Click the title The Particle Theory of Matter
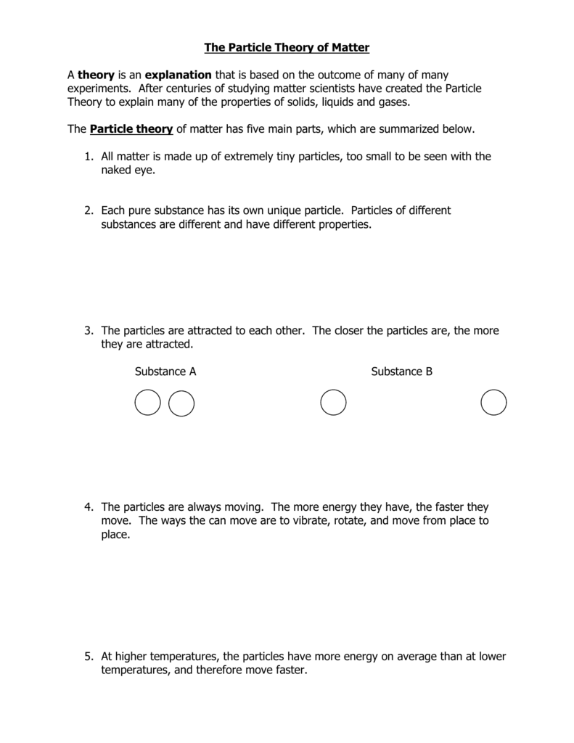point(287,48)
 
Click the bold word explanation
point(178,75)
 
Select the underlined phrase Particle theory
point(131,129)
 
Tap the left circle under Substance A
point(147,403)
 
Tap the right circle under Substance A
point(181,403)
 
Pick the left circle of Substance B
point(333,403)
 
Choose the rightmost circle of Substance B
point(493,403)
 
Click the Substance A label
point(165,371)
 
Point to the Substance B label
point(401,371)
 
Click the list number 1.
point(87,156)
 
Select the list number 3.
point(87,330)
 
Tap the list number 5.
point(87,657)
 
